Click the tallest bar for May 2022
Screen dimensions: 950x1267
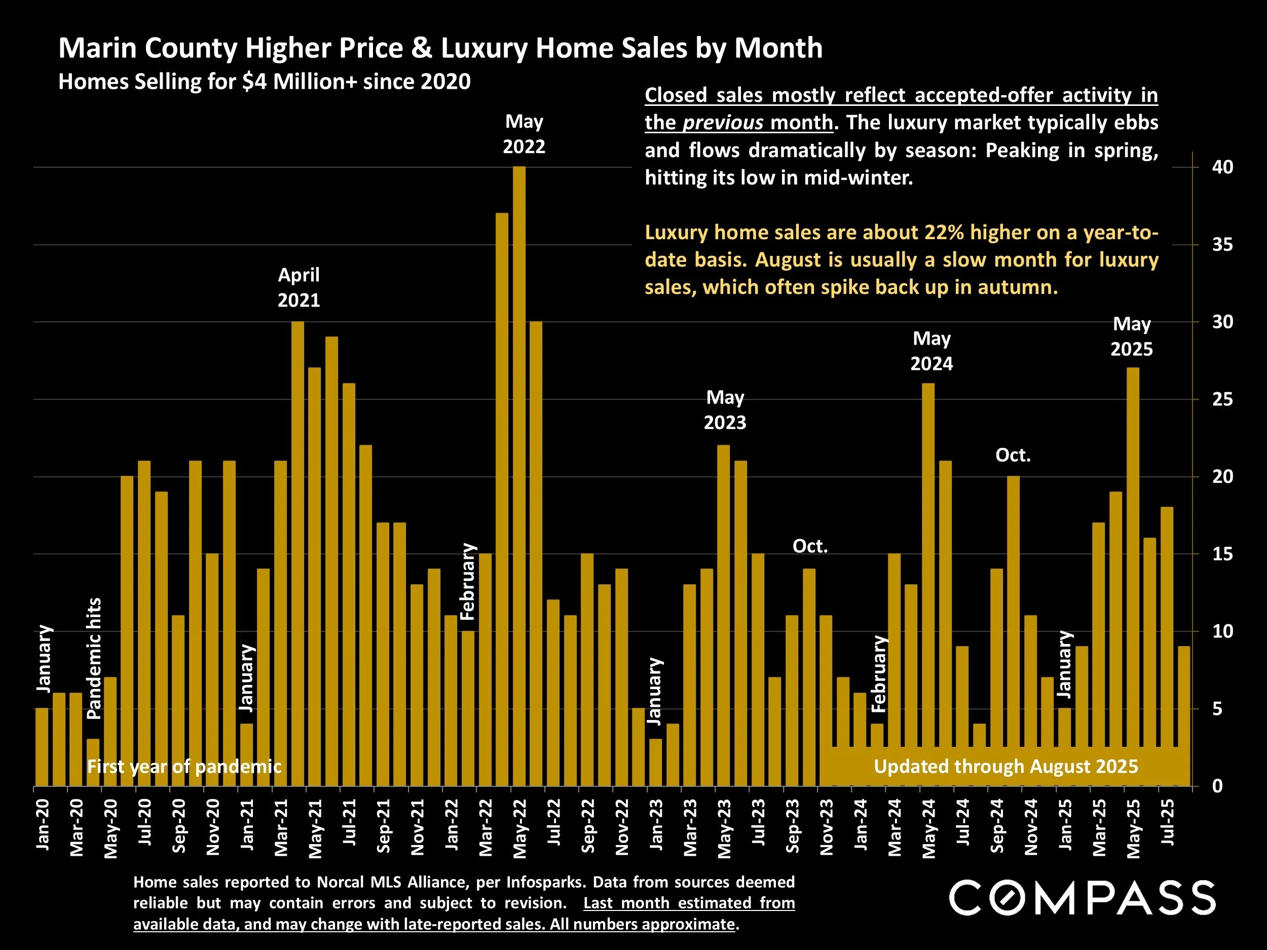click(x=519, y=475)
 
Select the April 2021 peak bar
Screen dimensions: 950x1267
click(x=298, y=553)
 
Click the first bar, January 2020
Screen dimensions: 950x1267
click(x=42, y=747)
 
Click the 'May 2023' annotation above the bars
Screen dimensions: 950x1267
click(x=725, y=410)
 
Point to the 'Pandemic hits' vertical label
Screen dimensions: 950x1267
click(x=94, y=659)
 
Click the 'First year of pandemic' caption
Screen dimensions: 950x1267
click(x=184, y=766)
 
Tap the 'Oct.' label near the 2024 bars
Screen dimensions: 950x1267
click(x=1013, y=455)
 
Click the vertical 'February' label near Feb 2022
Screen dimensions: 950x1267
click(x=468, y=581)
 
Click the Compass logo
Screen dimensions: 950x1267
click(x=1082, y=898)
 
